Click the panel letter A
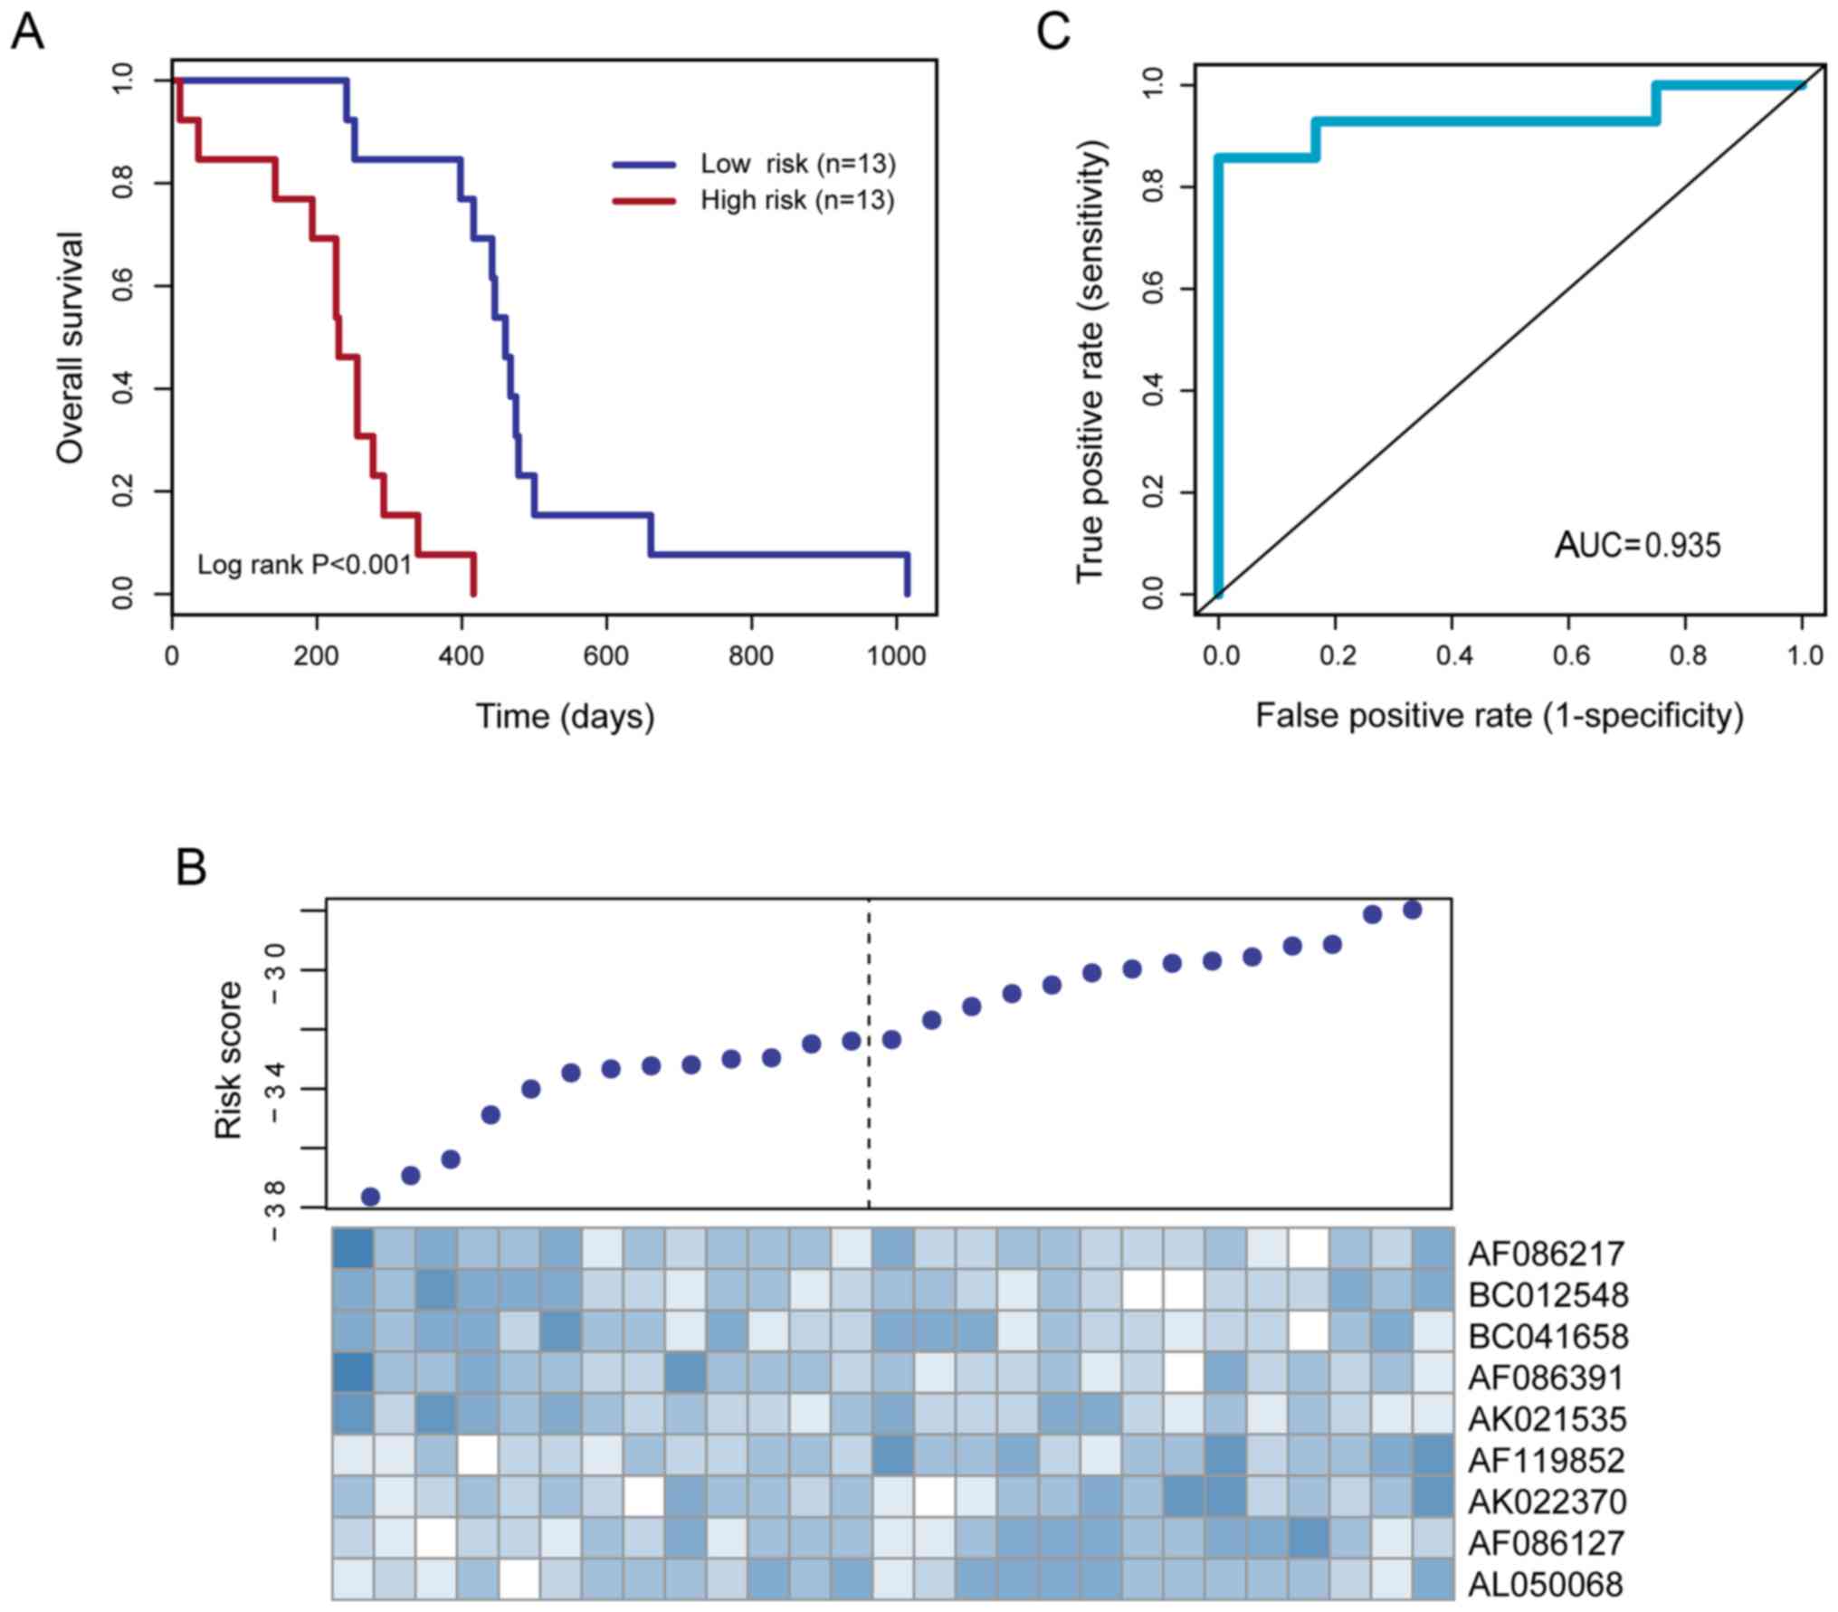[27, 33]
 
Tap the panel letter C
[1053, 33]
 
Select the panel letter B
[191, 866]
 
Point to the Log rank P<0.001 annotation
[304, 565]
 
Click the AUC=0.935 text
[1637, 545]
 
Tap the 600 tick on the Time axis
[605, 655]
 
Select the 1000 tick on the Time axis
[896, 655]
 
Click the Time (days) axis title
[566, 716]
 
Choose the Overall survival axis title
[70, 348]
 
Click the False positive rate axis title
[1499, 716]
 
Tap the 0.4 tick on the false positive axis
[1453, 655]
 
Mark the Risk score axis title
[228, 1060]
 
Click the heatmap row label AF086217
[1547, 1254]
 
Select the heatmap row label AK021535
[1547, 1418]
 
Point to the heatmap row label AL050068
[1547, 1583]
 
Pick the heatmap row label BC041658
[1548, 1336]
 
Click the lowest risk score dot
[370, 1197]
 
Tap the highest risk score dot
[1412, 910]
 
